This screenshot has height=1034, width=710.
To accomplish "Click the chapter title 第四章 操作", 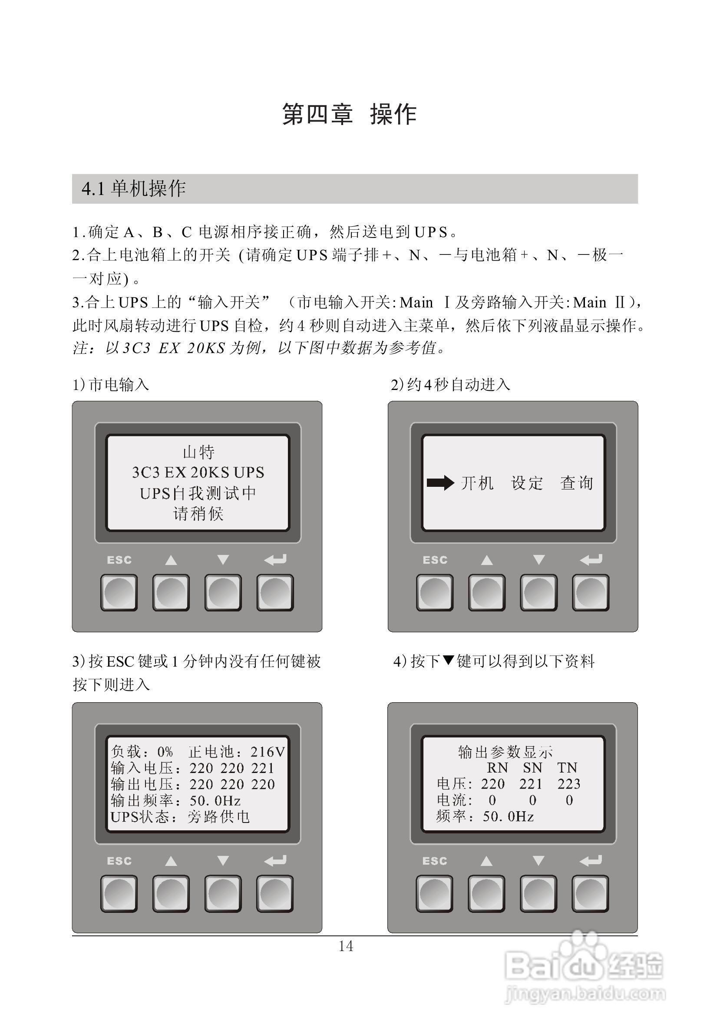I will (x=349, y=114).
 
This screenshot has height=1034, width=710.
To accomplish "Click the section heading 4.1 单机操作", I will (x=133, y=188).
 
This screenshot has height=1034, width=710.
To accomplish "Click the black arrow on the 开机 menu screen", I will (x=440, y=483).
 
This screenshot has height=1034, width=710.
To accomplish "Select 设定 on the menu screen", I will (x=527, y=483).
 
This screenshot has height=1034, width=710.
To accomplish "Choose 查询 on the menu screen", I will (x=577, y=483).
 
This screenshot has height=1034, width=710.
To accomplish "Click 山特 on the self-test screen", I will (x=198, y=452).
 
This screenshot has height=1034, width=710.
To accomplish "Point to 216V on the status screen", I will (x=267, y=751).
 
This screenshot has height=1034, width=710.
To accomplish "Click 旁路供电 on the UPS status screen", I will (x=218, y=817).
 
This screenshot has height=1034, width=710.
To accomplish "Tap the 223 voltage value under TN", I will (x=568, y=783).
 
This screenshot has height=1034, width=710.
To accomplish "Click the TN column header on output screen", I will (x=567, y=767).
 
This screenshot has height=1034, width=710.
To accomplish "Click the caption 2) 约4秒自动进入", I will (x=450, y=384).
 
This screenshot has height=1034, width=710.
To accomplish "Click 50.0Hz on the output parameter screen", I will (x=508, y=816).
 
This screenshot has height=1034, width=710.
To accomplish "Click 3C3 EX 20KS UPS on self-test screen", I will (x=198, y=472).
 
